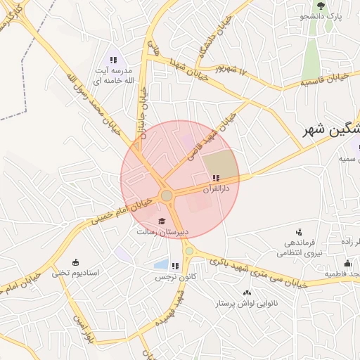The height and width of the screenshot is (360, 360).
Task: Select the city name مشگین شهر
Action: (330, 130)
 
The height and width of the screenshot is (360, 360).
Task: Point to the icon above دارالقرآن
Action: (215, 179)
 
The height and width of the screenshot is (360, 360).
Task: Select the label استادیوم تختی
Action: (75, 272)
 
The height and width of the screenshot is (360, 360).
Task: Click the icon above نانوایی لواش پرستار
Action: (247, 292)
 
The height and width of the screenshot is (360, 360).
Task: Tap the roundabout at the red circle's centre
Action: (167, 195)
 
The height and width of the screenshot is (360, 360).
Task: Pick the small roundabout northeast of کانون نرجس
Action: (188, 250)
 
